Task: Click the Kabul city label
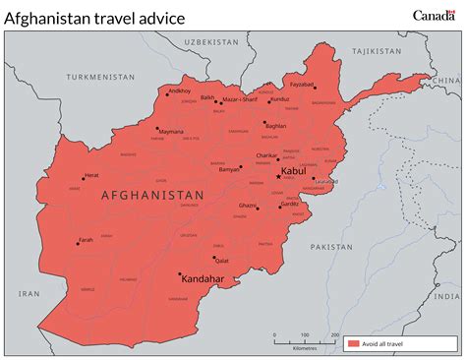point(295,171)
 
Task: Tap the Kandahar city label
point(204,279)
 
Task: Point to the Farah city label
point(86,239)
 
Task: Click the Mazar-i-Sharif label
point(242,98)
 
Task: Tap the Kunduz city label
point(280,98)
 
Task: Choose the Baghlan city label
point(276,126)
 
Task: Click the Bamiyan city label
point(229,169)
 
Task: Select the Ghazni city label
point(247,206)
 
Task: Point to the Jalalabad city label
point(325,182)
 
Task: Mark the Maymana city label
point(171,131)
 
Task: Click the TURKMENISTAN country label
point(99,76)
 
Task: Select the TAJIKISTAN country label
point(378,49)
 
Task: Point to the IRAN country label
point(29,293)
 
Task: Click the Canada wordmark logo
point(434,15)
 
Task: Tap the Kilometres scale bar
point(305,338)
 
